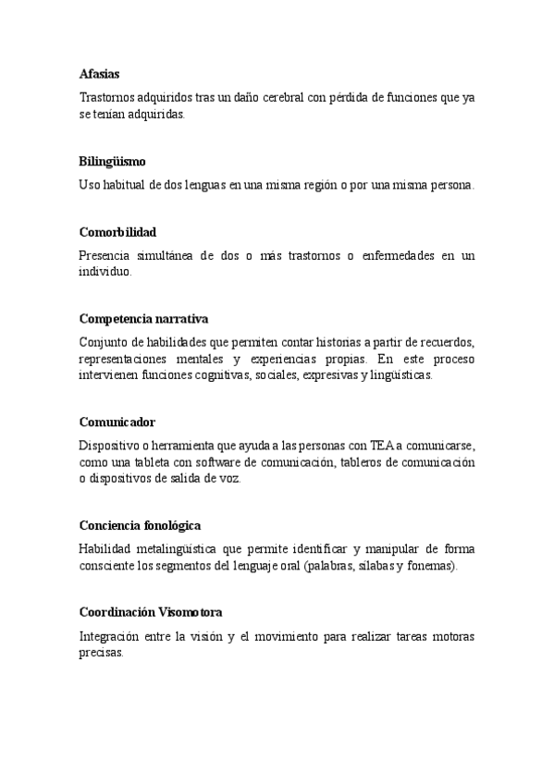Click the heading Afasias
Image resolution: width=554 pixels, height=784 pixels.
click(x=99, y=73)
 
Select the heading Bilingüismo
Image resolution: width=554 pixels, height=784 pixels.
click(x=112, y=162)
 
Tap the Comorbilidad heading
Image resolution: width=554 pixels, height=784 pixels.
click(x=117, y=232)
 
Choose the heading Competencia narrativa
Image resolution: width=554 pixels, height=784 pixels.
click(x=143, y=319)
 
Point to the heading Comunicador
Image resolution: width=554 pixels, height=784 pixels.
click(x=116, y=422)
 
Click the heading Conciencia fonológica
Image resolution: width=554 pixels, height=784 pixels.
click(x=140, y=525)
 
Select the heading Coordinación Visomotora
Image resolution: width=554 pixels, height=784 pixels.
click(x=150, y=612)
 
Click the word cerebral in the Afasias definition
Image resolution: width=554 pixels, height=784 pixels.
click(x=277, y=96)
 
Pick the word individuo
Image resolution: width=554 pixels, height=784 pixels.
click(x=105, y=273)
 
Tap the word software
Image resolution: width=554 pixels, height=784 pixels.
click(x=217, y=461)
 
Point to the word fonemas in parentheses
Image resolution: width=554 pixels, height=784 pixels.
click(x=431, y=566)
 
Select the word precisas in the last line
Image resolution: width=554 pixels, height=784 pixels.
click(x=101, y=652)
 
